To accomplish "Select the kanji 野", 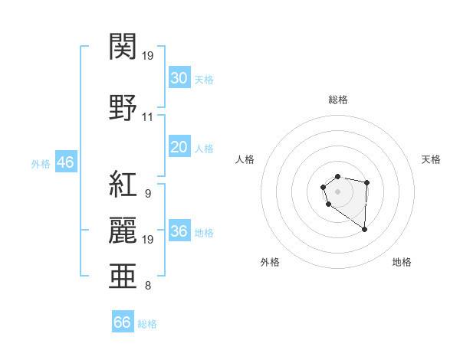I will coord(123,106).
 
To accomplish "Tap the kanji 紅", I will coord(123,184).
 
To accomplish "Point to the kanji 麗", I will coord(123,229).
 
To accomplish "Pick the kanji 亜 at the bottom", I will coord(123,276).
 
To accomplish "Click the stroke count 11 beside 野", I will coord(147,117).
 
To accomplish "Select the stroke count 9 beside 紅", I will coord(147,194).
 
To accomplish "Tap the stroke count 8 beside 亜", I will coord(147,286).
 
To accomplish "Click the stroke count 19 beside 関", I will coord(149,55).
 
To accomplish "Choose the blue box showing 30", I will coord(179,78).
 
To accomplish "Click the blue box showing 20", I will coord(179,147).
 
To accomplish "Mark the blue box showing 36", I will coord(179,231).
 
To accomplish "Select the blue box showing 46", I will coord(64,162).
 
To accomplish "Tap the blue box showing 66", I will coord(122,322).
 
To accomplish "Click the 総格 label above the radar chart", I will coord(337,100).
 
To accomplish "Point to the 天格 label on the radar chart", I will coord(431,159).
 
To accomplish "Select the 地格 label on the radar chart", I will coord(402,262).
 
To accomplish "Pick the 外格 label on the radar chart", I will coord(270,262).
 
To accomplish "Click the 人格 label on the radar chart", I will coord(245,159).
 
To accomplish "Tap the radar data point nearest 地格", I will coord(364,229).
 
